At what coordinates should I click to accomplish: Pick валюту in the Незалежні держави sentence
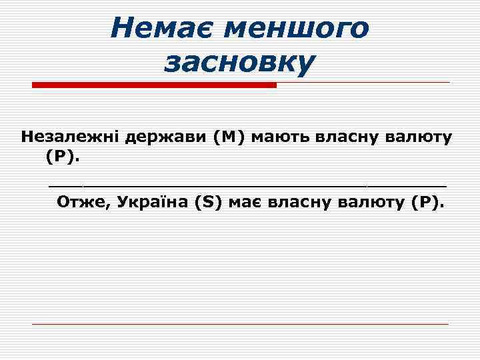click(421, 138)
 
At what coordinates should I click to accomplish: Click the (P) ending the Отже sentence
click(427, 202)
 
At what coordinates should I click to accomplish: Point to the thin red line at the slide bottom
click(240, 324)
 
